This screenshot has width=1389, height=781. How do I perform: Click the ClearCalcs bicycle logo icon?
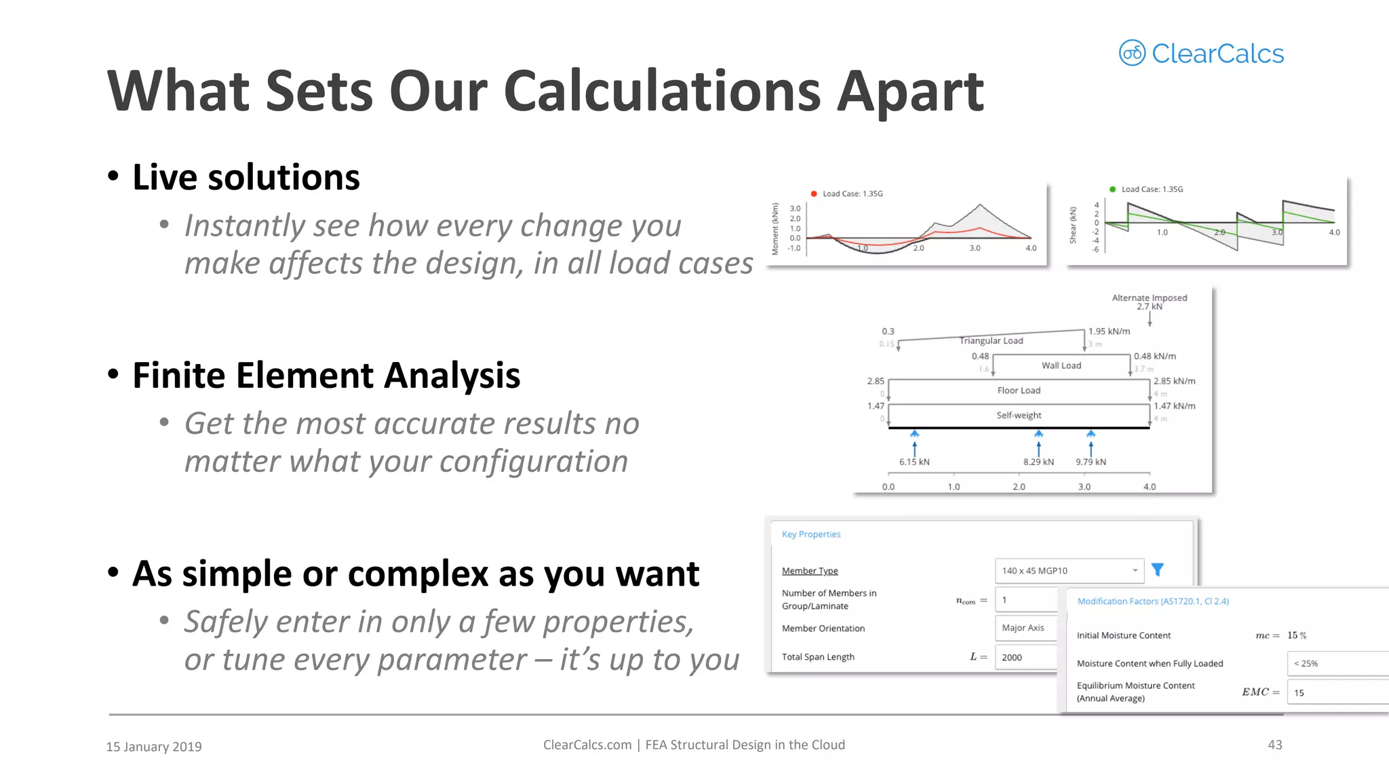pos(1131,53)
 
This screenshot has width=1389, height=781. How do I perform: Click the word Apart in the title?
pos(909,92)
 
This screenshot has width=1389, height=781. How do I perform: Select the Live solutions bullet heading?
pos(246,178)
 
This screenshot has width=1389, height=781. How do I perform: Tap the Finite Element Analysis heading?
pos(326,376)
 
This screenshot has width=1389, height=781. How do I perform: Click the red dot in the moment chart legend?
pos(814,194)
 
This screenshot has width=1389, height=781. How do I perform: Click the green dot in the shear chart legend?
pos(1112,189)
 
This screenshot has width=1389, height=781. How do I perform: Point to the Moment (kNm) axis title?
pos(775,229)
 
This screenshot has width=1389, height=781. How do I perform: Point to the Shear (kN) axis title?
pos(1073,225)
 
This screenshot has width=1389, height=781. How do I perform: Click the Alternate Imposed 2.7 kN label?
pos(1149,302)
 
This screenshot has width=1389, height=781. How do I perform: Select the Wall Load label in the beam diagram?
pos(1061,365)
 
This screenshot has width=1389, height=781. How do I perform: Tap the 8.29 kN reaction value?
pos(1038,462)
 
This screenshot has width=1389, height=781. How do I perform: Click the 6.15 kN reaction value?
pos(914,462)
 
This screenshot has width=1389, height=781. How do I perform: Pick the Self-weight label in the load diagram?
pos(1019,416)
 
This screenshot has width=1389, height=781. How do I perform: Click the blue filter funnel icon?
pos(1158,570)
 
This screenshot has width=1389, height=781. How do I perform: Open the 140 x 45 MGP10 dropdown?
pos(1068,571)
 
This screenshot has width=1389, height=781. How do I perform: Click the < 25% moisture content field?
pos(1336,664)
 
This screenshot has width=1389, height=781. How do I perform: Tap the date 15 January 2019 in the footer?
pos(154,746)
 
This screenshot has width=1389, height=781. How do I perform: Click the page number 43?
pos(1274,745)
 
